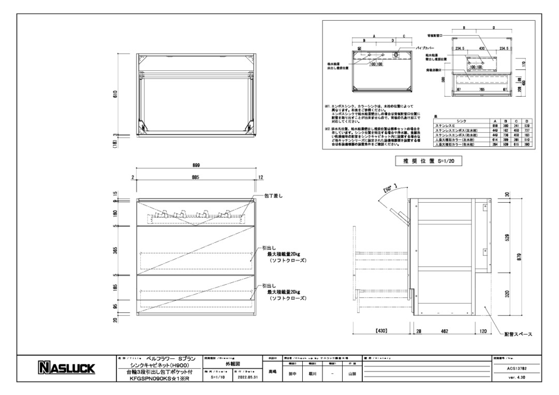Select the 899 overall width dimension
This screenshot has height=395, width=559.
196,165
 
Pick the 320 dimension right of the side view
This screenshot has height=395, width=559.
507,294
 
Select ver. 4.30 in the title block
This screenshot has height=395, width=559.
517,377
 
